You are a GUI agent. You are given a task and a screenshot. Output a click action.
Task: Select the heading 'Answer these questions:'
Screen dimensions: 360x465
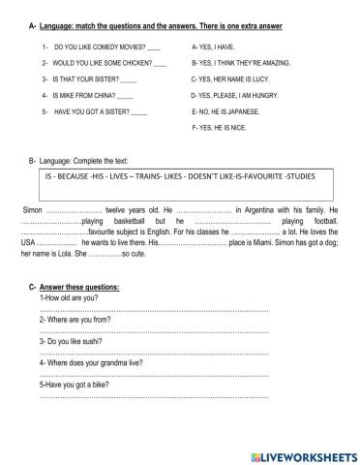(x=79, y=289)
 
